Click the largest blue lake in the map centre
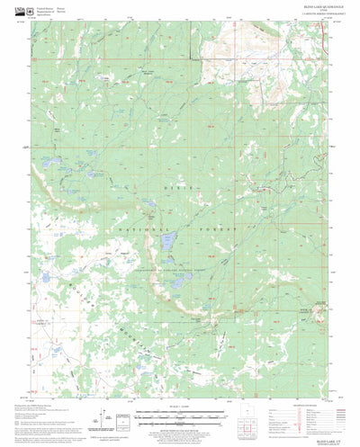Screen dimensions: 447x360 pos(166,242)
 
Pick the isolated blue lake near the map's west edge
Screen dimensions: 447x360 pos(44,278)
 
